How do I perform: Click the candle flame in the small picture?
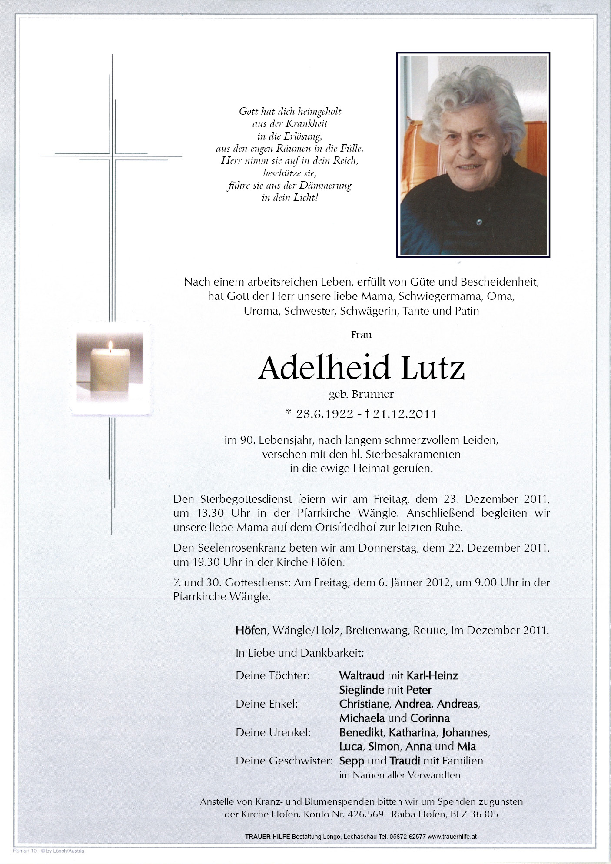click(x=110, y=346)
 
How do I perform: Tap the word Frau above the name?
click(x=361, y=335)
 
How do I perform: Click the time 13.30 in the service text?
click(x=210, y=513)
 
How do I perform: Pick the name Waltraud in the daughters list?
click(x=362, y=675)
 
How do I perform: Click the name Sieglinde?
click(x=362, y=690)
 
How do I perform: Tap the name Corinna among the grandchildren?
click(x=430, y=718)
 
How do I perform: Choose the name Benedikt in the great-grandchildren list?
click(x=361, y=732)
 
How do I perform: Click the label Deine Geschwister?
click(x=284, y=761)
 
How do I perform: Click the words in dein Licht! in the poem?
click(x=290, y=198)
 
